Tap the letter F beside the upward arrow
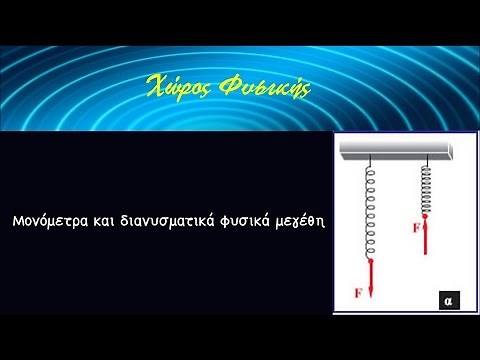416,228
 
